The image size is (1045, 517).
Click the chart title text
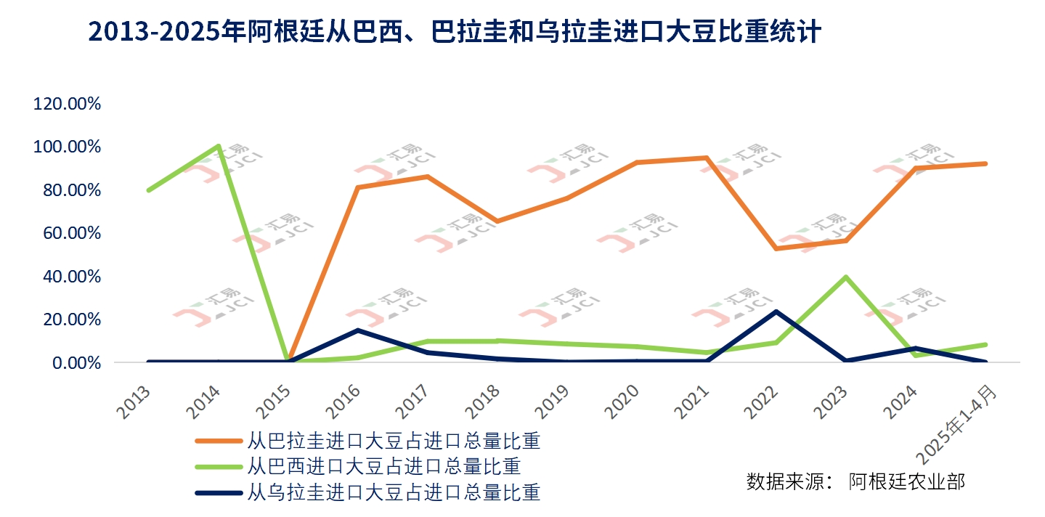(x=454, y=32)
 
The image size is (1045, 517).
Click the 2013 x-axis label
(x=134, y=402)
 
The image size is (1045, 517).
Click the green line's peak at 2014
(x=219, y=146)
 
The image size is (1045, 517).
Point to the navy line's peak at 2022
(x=776, y=312)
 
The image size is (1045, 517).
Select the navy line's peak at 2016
(x=358, y=330)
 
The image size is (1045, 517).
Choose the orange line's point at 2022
(x=776, y=248)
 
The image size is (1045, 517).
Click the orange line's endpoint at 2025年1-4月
(x=985, y=163)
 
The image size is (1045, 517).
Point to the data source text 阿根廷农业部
(x=907, y=481)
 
